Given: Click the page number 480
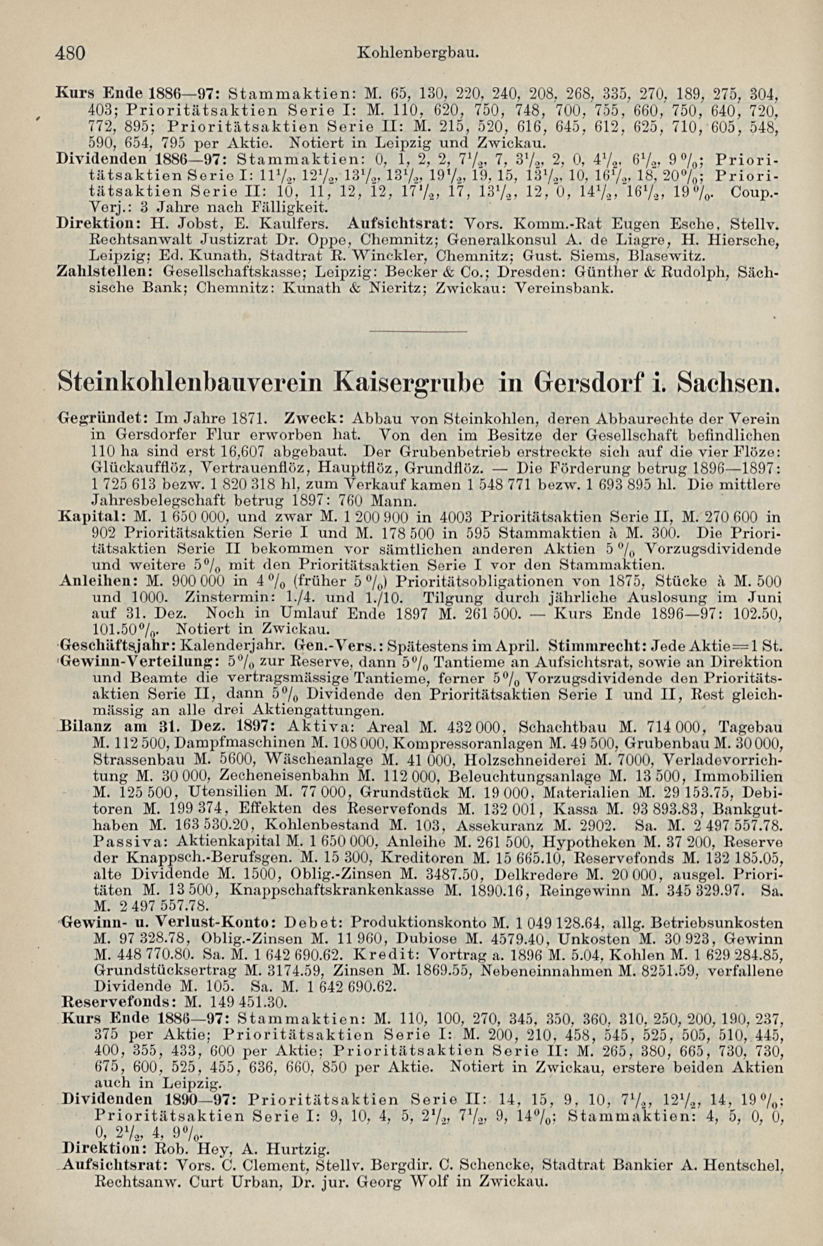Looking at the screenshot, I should pos(70,53).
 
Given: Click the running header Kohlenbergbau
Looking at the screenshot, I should pos(417,53).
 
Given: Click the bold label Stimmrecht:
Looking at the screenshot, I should pos(592,645).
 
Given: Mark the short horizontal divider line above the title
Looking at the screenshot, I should pos(418,332).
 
